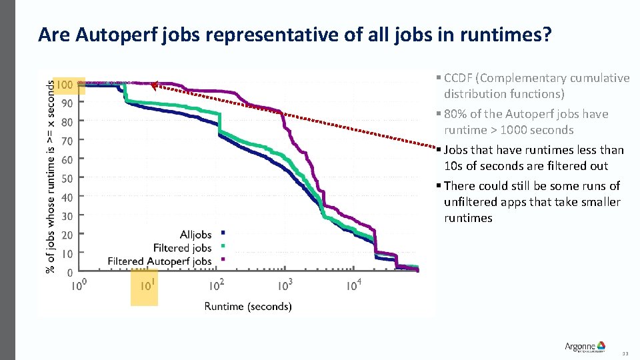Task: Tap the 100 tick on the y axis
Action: [65, 85]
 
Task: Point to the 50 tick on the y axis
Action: [67, 179]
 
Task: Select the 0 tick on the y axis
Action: [70, 272]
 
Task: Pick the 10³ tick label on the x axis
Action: [285, 286]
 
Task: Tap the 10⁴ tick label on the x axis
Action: [354, 286]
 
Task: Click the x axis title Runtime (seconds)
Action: [247, 307]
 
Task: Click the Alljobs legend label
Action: [195, 234]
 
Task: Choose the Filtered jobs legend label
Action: [182, 247]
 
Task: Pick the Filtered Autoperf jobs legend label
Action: [159, 261]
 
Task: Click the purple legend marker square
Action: [223, 259]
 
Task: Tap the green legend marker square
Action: [223, 246]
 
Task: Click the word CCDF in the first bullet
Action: [457, 78]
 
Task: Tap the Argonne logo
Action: [585, 346]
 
